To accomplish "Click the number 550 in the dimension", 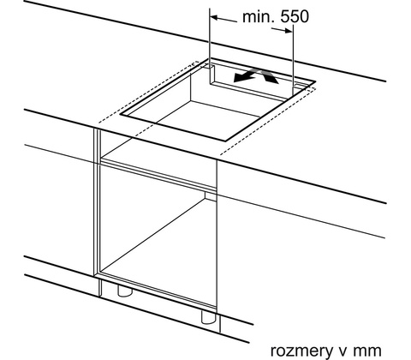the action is [x=295, y=16].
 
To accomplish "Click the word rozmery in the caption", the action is [x=301, y=351].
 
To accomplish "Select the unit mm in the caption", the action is [x=366, y=351].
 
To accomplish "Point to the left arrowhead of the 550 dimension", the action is [x=214, y=18].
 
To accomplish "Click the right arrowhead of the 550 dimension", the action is [x=289, y=30].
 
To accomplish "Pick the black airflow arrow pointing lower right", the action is [x=269, y=76].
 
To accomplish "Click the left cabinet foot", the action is [x=125, y=291].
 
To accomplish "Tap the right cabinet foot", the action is [x=209, y=317].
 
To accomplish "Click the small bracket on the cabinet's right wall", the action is [x=211, y=196].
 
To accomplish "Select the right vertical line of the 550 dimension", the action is [x=293, y=60].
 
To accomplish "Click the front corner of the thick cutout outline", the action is [x=226, y=141].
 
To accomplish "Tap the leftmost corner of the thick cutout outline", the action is [x=120, y=114].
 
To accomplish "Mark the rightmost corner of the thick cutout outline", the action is [x=315, y=81].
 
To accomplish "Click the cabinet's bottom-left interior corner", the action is [x=101, y=271].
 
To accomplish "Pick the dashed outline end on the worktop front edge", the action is [x=221, y=154].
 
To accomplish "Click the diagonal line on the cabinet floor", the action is [x=153, y=235].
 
